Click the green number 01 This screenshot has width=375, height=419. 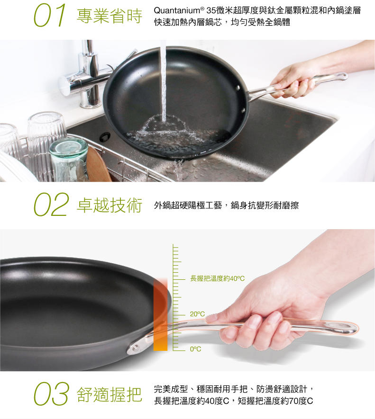(x=50, y=16)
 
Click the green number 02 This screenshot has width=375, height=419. (x=51, y=205)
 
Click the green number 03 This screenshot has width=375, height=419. (x=51, y=394)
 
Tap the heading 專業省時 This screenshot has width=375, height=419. (x=109, y=16)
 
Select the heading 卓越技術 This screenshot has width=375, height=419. (x=109, y=205)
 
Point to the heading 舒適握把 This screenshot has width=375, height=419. (x=109, y=394)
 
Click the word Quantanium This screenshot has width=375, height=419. (x=177, y=11)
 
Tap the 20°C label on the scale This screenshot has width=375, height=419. (x=197, y=314)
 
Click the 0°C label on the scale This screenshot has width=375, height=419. (x=195, y=349)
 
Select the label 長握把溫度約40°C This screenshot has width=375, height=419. (x=217, y=278)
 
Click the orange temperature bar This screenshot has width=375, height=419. (x=160, y=314)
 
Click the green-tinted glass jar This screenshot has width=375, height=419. (x=69, y=159)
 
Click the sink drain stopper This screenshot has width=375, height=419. (x=105, y=137)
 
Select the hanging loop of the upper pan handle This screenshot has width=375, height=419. (x=343, y=76)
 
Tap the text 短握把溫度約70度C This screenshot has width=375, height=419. (x=275, y=401)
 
